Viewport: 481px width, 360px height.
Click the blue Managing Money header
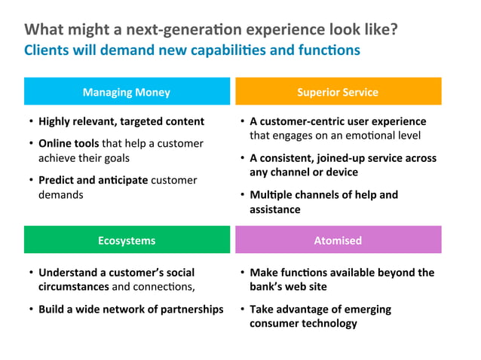[127, 92]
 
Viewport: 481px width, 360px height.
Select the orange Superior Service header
[338, 92]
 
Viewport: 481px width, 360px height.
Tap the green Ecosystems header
[127, 240]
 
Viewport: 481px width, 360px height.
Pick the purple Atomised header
[338, 240]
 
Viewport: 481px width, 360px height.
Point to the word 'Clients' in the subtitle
[44, 50]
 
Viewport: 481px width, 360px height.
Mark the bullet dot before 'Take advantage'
[241, 310]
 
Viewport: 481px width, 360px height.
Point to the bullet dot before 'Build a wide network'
[30, 310]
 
